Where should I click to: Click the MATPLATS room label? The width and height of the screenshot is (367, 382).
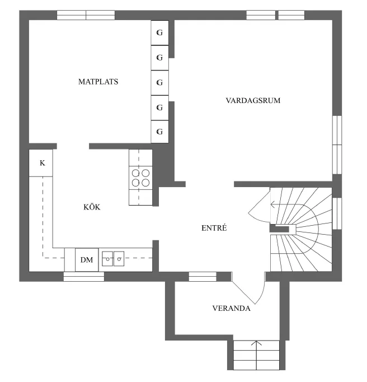(x=98, y=82)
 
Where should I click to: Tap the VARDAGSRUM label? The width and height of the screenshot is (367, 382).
(x=252, y=101)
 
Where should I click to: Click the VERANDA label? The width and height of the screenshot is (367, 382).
(x=230, y=308)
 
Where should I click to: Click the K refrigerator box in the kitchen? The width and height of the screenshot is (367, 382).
(x=41, y=163)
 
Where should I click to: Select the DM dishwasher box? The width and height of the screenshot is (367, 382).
(x=87, y=259)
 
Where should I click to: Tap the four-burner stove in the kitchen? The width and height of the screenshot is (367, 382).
(x=140, y=178)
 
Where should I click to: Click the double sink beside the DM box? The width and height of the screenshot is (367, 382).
(x=114, y=259)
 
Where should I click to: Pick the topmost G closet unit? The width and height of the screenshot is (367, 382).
(x=159, y=33)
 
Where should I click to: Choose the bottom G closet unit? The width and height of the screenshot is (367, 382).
(x=159, y=132)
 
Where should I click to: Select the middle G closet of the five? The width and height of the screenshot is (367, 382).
(x=159, y=82)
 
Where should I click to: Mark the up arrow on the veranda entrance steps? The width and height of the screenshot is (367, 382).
(x=257, y=347)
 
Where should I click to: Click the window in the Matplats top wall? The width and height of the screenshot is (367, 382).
(x=86, y=15)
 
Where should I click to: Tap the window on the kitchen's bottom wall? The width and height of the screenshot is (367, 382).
(x=83, y=276)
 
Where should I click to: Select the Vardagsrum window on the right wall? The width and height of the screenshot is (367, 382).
(x=337, y=145)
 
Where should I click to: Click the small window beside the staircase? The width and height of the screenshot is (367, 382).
(x=337, y=213)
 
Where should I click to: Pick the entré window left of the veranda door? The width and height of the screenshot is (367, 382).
(x=202, y=276)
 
